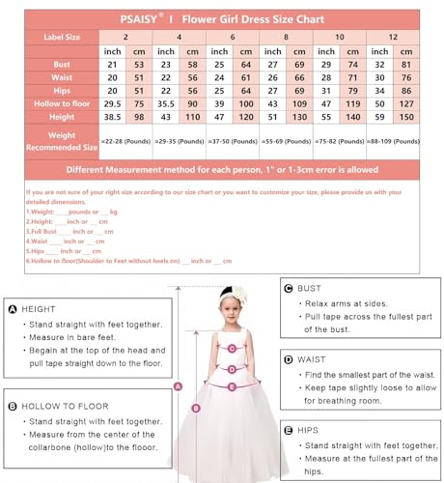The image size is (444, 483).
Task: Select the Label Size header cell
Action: pos(61,36)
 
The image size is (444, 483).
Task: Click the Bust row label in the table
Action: pos(61,64)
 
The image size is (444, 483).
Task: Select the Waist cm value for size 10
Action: pos(354,76)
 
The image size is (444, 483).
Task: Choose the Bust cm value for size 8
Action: pos(298,64)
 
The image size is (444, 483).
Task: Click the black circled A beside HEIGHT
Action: pos(13,309)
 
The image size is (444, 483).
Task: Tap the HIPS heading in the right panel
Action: pos(311,428)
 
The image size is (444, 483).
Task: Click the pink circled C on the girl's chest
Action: pos(232,348)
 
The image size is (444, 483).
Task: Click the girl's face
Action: pos(231,315)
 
